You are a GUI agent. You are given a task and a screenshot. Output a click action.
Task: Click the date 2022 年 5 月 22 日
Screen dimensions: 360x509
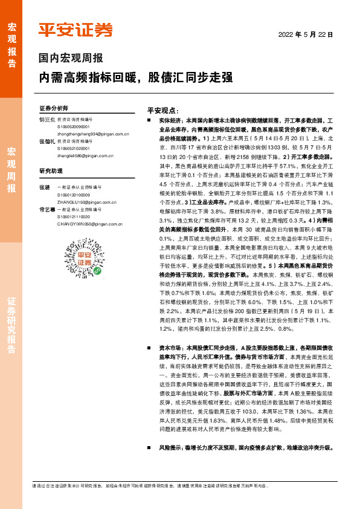click(305, 35)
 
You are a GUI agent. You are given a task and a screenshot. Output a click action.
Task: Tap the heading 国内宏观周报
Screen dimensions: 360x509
click(71, 59)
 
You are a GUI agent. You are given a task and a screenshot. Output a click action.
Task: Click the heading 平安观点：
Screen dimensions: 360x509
click(164, 111)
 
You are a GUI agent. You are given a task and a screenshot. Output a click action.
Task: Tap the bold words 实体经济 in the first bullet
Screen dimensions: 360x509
click(169, 121)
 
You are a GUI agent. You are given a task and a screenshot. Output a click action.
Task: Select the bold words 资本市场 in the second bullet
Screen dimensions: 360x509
click(169, 349)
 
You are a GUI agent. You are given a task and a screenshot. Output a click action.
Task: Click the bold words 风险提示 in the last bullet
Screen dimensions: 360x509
click(169, 448)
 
